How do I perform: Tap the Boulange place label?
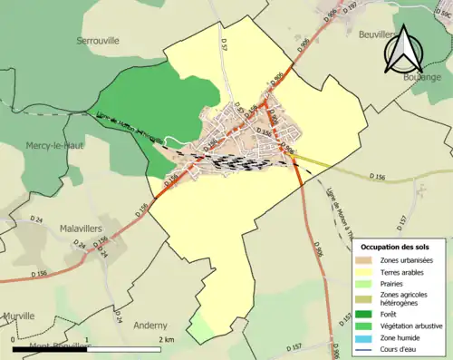[x=415, y=77]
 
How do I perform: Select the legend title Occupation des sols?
[x=396, y=247]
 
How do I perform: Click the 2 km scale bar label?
[x=166, y=339]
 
